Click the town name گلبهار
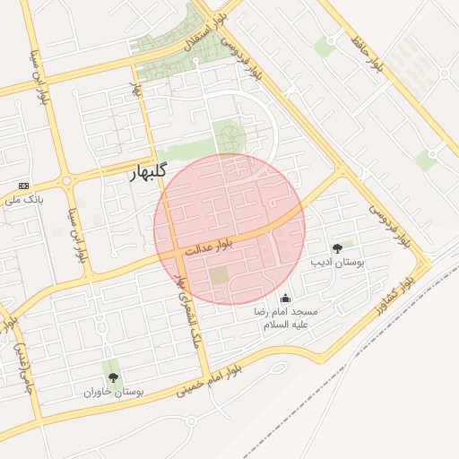(x=134, y=173)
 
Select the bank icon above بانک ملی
(x=23, y=185)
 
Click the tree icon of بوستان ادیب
(x=337, y=248)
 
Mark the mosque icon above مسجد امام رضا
(x=286, y=298)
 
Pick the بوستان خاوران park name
(x=113, y=392)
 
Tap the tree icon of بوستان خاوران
(x=113, y=377)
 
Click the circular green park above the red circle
(x=229, y=138)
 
